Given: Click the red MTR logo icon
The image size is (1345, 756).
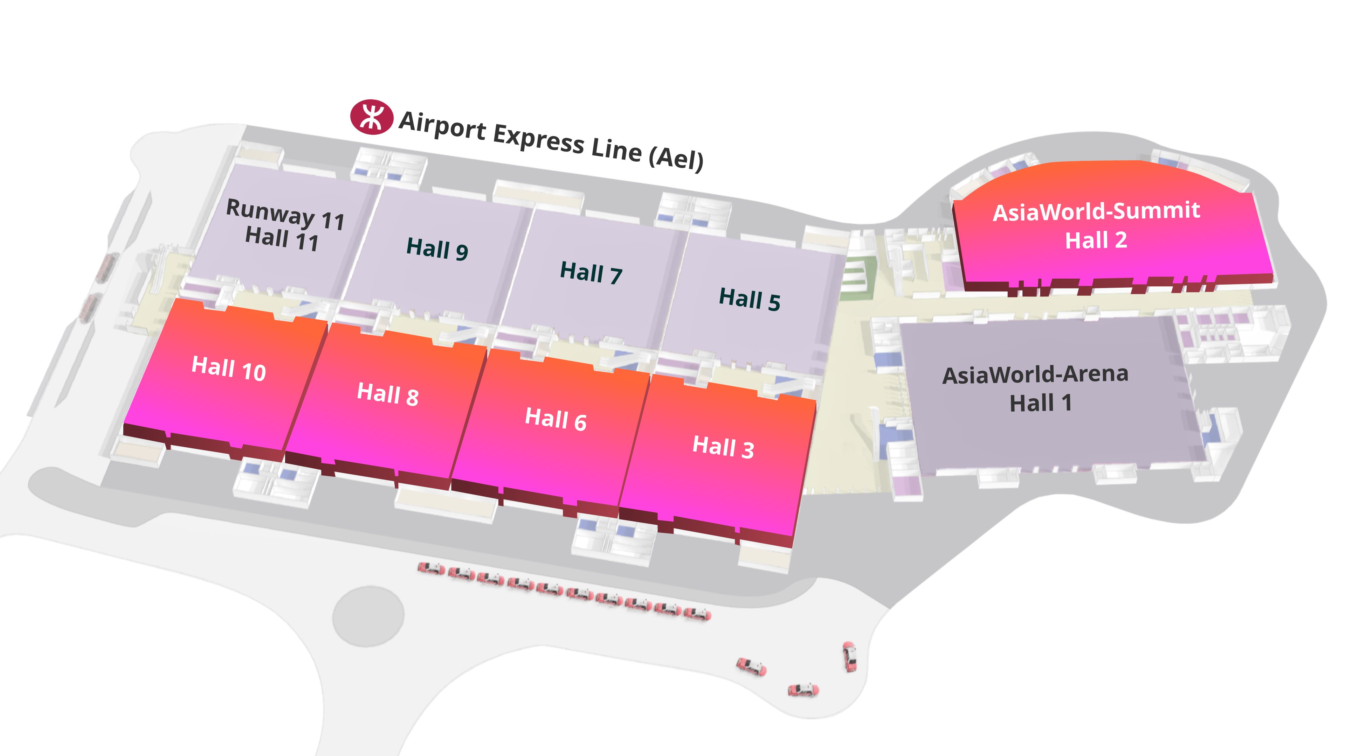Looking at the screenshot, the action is coord(371,117).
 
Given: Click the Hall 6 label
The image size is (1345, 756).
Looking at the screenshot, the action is coord(556,419).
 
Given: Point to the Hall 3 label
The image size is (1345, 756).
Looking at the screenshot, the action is coord(723,447).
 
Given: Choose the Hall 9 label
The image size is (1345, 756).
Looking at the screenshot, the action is coord(437,248).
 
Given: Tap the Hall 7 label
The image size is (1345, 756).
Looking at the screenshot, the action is coord(591,273).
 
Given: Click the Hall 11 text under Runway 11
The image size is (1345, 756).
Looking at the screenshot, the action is coord(282,239).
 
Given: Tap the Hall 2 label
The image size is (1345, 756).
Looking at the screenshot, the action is coord(1096,240).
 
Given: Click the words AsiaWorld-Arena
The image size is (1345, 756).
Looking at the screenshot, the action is coord(1035,374).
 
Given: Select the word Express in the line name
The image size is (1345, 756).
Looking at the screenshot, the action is coord(539,139).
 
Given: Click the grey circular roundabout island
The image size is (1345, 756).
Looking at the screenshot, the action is coord(368,616).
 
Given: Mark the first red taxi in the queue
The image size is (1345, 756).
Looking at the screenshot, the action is coord(431,568).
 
